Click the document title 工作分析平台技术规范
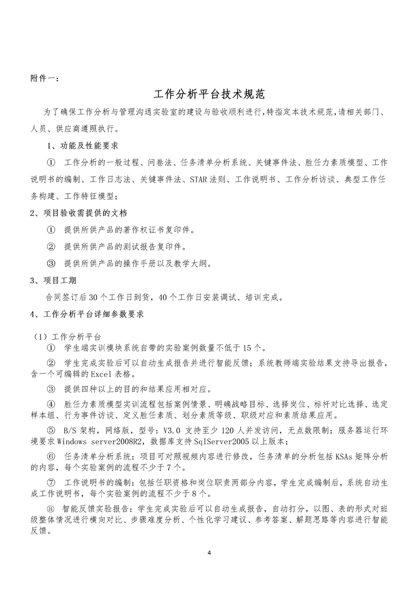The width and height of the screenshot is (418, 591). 209,95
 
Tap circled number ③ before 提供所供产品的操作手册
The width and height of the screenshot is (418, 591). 51,263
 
